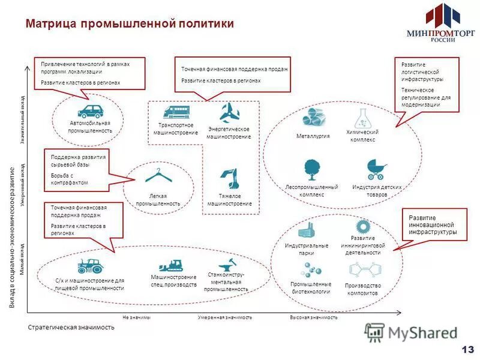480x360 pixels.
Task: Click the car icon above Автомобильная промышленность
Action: [x=90, y=110]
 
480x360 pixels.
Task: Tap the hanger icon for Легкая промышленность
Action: [x=158, y=176]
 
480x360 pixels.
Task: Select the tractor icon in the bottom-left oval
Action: [x=90, y=265]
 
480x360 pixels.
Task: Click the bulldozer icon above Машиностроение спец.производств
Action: [x=171, y=265]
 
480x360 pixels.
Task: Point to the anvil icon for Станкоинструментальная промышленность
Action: [x=227, y=264]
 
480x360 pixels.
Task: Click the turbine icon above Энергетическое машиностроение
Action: [x=229, y=112]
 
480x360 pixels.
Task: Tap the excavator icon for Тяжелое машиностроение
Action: [x=230, y=178]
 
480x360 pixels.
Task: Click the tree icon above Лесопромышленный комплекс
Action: [x=311, y=169]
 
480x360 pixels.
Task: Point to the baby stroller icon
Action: [x=376, y=170]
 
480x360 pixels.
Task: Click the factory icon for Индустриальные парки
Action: [x=307, y=230]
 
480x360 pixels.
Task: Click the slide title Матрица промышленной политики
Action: [x=130, y=23]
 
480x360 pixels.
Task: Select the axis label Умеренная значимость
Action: [x=225, y=317]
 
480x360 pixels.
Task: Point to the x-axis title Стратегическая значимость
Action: [x=71, y=328]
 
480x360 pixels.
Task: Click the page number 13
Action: [x=467, y=349]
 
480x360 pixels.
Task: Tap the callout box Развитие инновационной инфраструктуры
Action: [x=433, y=224]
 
